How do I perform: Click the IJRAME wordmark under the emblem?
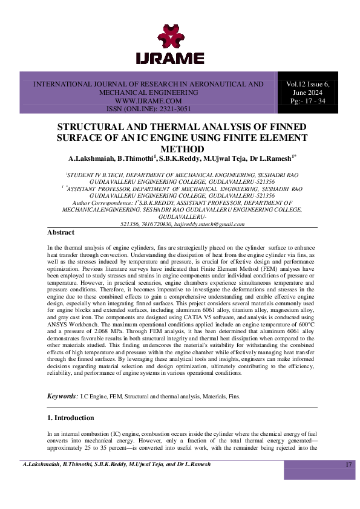coord(180,59)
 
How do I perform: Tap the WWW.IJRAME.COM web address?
coord(148,101)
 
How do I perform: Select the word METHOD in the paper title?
coord(180,148)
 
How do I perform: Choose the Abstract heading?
coord(61,233)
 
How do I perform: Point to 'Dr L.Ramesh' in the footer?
coord(192,464)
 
